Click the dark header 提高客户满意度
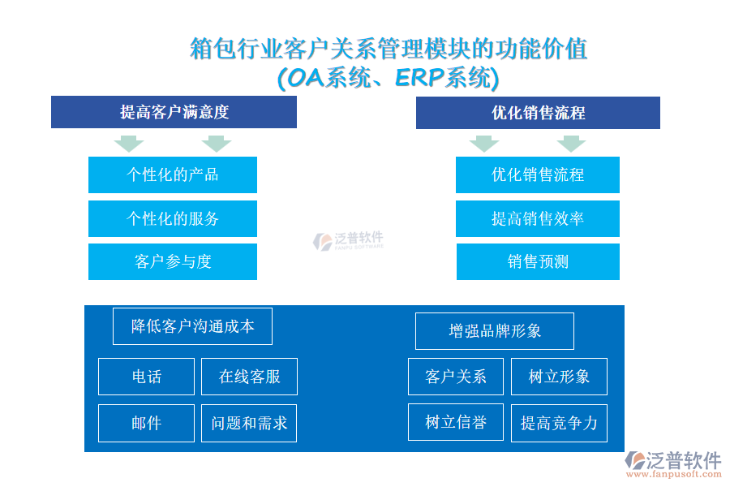coord(174,112)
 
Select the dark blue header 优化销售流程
coord(538,113)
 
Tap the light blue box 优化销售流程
coord(538,175)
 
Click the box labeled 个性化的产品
coord(173,175)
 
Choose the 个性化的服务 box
coord(173,218)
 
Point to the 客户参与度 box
coord(173,262)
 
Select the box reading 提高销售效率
coord(538,218)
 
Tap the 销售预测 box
coord(539,262)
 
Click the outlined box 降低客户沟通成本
coord(193,326)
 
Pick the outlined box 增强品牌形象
coord(495,331)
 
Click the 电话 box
coord(146,377)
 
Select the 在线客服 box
coord(249,377)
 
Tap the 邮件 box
coord(146,423)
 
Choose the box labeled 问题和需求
coord(249,423)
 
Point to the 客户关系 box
coord(456,377)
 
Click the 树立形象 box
coord(559,377)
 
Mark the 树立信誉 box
coord(456,422)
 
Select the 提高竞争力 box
coord(559,423)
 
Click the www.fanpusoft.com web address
coord(674,474)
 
